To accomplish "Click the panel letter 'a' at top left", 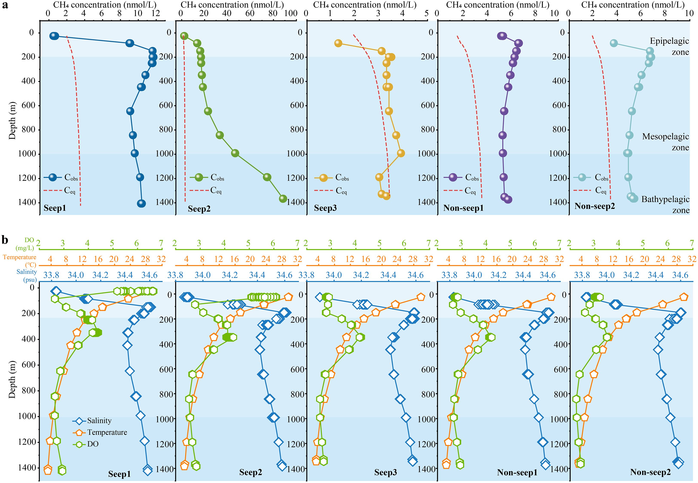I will point(5,5).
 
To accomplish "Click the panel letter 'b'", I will point(5,240).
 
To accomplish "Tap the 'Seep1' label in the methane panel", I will point(55,208).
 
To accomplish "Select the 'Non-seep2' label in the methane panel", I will point(595,206).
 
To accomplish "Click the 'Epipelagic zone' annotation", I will point(669,46).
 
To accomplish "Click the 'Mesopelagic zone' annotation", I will point(665,142).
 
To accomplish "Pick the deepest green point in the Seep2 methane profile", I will point(283,198).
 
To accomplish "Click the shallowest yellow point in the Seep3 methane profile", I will point(338,43).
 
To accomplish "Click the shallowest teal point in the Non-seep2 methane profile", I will point(614,43).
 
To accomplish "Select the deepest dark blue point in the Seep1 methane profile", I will point(141,204).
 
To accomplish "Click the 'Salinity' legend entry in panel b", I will point(99,421).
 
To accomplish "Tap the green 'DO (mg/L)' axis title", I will point(25,244).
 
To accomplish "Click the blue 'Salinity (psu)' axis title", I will point(27,275).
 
